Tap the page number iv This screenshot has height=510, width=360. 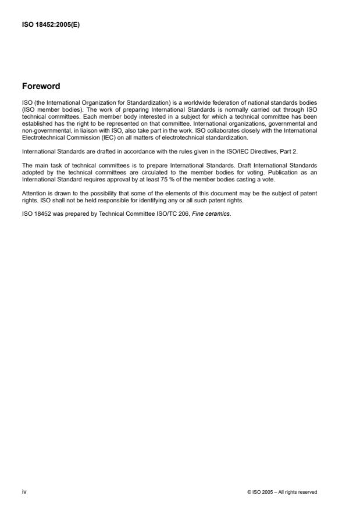pos(24,491)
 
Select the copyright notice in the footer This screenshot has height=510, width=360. pos(282,492)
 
